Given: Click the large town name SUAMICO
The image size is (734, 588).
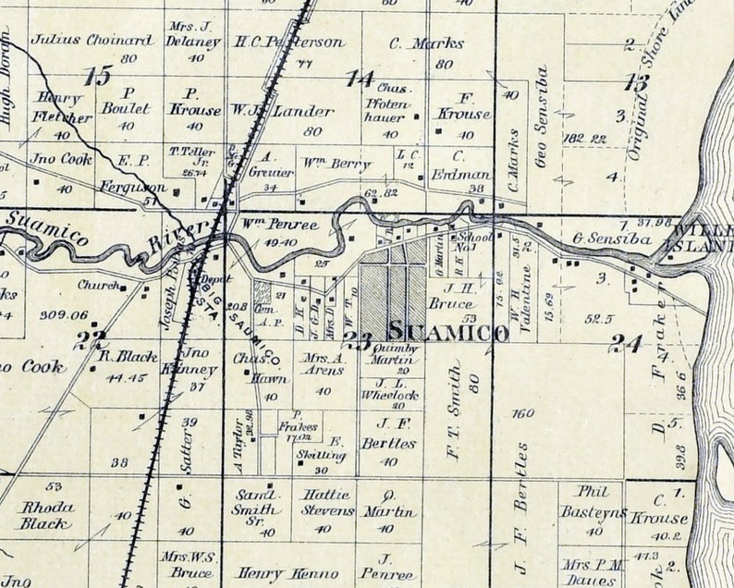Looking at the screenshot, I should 448,332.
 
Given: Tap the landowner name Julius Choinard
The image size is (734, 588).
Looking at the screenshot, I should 92,40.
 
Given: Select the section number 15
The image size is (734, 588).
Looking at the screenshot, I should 97,77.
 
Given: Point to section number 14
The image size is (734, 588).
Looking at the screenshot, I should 360,79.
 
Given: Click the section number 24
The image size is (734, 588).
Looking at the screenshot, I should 626,344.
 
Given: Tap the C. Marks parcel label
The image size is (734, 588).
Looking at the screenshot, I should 413,43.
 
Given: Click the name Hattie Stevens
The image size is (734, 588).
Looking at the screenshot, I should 327,502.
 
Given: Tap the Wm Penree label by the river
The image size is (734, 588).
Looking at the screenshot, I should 267,225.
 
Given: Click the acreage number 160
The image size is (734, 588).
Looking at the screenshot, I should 522,413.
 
